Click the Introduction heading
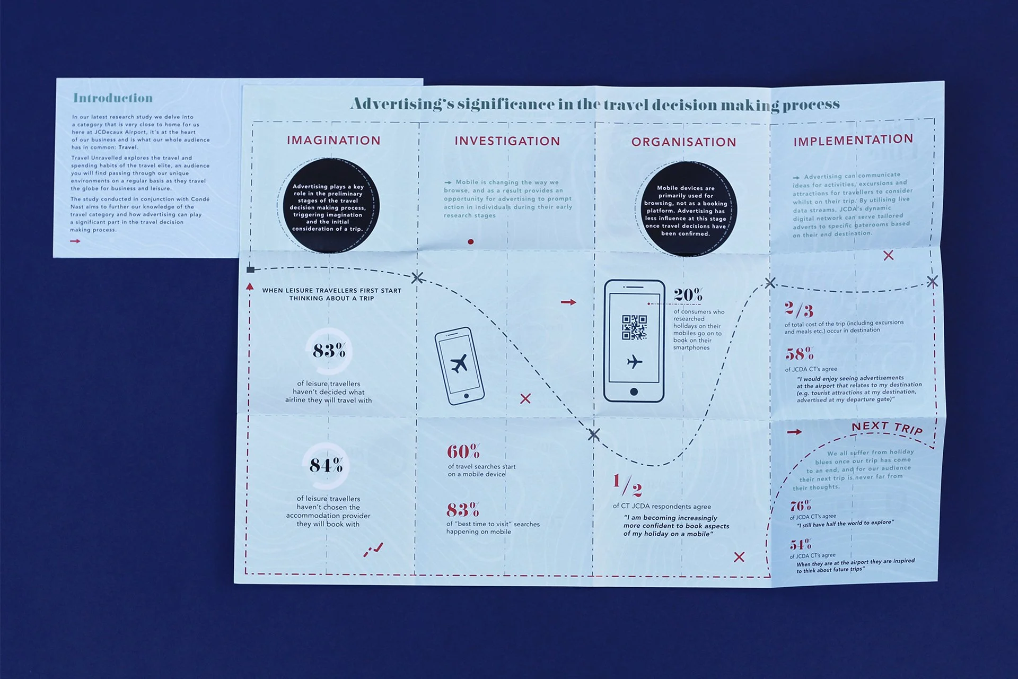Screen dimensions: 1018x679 point(113,98)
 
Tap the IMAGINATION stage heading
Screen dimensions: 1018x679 point(334,141)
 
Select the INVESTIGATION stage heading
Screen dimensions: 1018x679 point(507,141)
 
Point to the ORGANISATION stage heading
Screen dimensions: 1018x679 point(683,142)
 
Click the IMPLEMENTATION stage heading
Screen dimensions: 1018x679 point(853,140)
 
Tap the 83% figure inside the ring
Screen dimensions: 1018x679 point(329,351)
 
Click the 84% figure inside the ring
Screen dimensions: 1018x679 point(326,466)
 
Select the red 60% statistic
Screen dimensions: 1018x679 point(463,452)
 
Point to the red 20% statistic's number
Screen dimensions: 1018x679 point(688,295)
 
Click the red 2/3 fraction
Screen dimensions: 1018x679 point(798,310)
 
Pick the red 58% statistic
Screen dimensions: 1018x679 point(799,353)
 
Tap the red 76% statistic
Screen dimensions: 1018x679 point(800,506)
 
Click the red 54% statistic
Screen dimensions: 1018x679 point(800,545)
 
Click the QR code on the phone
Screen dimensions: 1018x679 point(634,327)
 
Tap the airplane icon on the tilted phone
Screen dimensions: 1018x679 point(459,364)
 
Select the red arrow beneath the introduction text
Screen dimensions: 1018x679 point(75,241)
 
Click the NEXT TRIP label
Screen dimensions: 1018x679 point(887,428)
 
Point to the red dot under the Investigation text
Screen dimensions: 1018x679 point(471,242)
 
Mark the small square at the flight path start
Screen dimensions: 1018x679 point(251,270)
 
